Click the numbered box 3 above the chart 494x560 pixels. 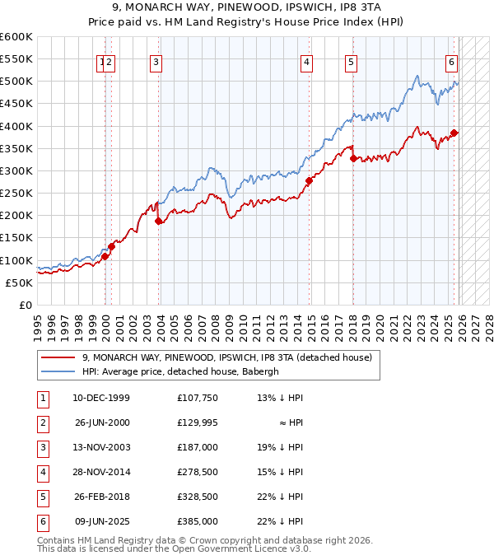tap(156, 61)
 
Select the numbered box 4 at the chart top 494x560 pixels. tap(306, 61)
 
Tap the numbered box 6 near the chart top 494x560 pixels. tap(452, 61)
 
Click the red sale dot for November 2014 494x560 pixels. tap(309, 180)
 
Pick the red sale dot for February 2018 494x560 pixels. tap(353, 158)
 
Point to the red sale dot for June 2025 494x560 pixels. tap(454, 133)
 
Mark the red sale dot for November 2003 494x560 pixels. tap(158, 221)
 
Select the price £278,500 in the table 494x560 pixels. tap(197, 472)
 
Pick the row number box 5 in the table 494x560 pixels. tap(43, 497)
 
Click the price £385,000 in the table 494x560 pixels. tap(197, 521)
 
